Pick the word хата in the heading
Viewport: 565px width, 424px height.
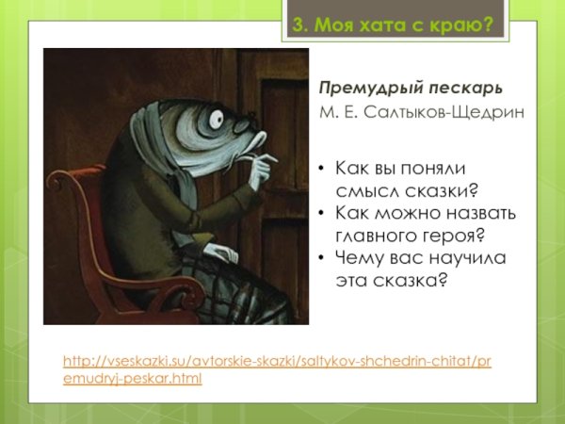click(x=387, y=25)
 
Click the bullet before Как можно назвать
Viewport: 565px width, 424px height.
click(x=323, y=212)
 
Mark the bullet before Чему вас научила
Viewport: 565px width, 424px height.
click(x=323, y=256)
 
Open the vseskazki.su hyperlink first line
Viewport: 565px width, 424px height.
click(x=277, y=362)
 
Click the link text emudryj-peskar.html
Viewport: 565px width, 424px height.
click(x=133, y=379)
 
